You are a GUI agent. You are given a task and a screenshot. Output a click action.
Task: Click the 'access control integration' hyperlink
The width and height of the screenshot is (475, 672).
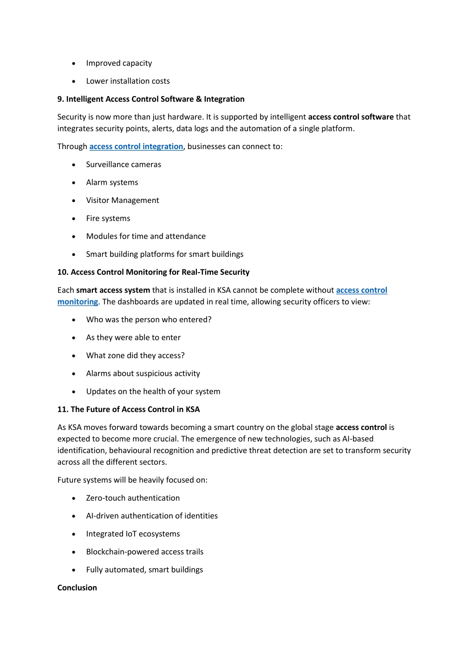click(x=136, y=147)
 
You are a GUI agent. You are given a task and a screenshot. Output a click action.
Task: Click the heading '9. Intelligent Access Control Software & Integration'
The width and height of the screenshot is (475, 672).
click(x=151, y=99)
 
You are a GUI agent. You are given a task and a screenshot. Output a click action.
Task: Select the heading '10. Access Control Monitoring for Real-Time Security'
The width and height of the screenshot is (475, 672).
click(x=153, y=272)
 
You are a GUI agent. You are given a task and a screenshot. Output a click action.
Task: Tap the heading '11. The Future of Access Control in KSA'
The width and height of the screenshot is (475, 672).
click(x=129, y=410)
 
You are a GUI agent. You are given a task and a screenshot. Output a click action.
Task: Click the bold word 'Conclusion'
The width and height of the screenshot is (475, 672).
click(x=77, y=588)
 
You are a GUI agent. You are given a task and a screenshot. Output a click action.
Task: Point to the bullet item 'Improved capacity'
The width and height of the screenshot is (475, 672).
click(x=119, y=63)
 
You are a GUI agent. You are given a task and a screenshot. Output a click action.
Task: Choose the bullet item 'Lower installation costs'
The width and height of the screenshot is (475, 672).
click(x=128, y=81)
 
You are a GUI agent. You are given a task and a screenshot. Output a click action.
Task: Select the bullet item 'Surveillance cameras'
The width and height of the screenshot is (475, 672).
click(x=124, y=165)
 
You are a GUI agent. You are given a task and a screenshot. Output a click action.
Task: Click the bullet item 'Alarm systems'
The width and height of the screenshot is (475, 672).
click(x=112, y=183)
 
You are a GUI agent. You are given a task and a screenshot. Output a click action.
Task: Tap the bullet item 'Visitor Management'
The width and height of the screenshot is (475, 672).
click(x=123, y=201)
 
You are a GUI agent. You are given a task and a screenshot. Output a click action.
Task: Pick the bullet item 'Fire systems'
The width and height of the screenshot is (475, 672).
click(x=108, y=219)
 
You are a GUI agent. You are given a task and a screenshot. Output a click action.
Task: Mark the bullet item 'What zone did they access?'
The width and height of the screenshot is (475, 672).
click(x=135, y=356)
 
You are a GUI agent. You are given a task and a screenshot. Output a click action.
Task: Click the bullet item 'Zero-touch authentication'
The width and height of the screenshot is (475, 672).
click(x=133, y=498)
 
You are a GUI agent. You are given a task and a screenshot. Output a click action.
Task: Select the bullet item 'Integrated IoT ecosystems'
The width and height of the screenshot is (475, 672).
click(x=133, y=534)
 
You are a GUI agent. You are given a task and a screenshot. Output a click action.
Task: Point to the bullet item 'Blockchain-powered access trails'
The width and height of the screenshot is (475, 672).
click(x=145, y=552)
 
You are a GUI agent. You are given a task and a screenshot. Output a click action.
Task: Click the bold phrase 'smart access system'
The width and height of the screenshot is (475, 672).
click(x=113, y=290)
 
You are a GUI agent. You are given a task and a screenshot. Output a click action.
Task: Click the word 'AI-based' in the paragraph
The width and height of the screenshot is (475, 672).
click(x=358, y=439)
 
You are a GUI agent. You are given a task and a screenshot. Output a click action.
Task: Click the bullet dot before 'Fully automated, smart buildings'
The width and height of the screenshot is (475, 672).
click(x=74, y=570)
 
